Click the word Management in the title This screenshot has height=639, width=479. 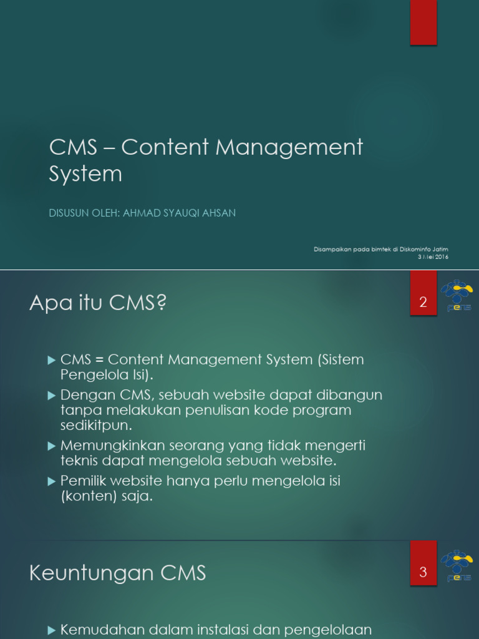pos(289,148)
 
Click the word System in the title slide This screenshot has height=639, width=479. pos(85,174)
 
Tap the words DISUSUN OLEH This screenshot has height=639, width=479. pos(84,213)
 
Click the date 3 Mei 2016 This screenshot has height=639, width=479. pos(433,257)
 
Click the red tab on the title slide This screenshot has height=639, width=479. pos(423,22)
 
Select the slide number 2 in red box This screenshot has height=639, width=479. pos(423,303)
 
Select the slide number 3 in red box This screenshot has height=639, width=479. pos(423,572)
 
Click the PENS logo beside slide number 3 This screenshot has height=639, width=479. pos(457,565)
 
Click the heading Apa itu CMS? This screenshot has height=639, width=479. pos(98,304)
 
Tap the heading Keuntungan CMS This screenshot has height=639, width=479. pos(117,573)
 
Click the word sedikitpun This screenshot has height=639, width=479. pos(97,426)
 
